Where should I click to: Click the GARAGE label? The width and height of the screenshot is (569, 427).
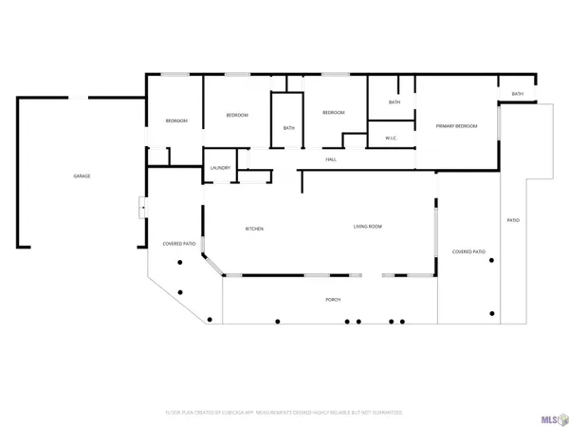click(x=83, y=176)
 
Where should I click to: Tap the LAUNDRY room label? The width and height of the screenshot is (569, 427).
click(x=220, y=168)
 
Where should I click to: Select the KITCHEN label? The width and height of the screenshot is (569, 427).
click(x=254, y=229)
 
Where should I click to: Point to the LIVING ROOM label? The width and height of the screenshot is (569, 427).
click(x=368, y=226)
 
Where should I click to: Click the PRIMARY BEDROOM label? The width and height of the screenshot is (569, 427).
click(x=455, y=126)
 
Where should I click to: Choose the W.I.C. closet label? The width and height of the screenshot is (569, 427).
click(x=391, y=139)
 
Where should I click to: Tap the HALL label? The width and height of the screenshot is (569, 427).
click(x=331, y=159)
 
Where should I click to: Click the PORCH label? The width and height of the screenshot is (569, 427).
click(x=333, y=300)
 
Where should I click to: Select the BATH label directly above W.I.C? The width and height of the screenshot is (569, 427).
click(x=395, y=102)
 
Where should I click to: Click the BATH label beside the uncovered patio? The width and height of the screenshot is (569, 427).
click(x=517, y=94)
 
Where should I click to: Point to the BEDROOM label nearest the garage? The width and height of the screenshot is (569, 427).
click(x=176, y=121)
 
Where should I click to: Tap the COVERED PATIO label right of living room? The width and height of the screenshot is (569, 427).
click(x=468, y=251)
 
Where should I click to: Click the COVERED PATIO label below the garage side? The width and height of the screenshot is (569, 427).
click(x=178, y=243)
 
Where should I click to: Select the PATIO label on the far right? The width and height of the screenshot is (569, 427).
click(x=513, y=220)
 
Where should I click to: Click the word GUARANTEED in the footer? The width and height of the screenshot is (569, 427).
click(x=385, y=413)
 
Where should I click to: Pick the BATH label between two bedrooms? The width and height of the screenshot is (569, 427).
click(x=288, y=129)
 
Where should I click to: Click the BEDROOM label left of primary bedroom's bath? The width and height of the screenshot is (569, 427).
click(x=333, y=113)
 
